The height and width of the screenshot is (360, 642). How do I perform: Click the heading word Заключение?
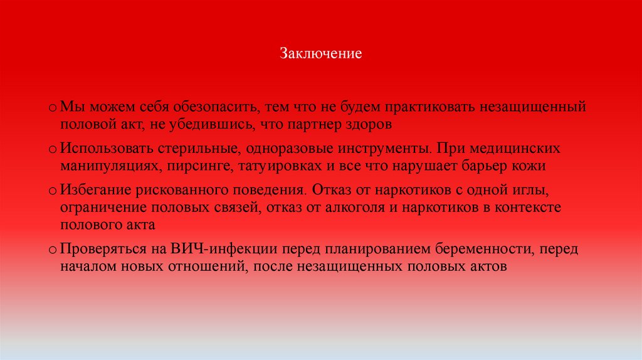[320, 53]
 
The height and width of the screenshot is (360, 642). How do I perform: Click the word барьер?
[485, 166]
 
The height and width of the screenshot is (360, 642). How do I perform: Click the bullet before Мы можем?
[54, 109]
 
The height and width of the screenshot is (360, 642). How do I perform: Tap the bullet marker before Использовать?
[54, 151]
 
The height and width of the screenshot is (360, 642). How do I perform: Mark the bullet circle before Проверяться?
[54, 249]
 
